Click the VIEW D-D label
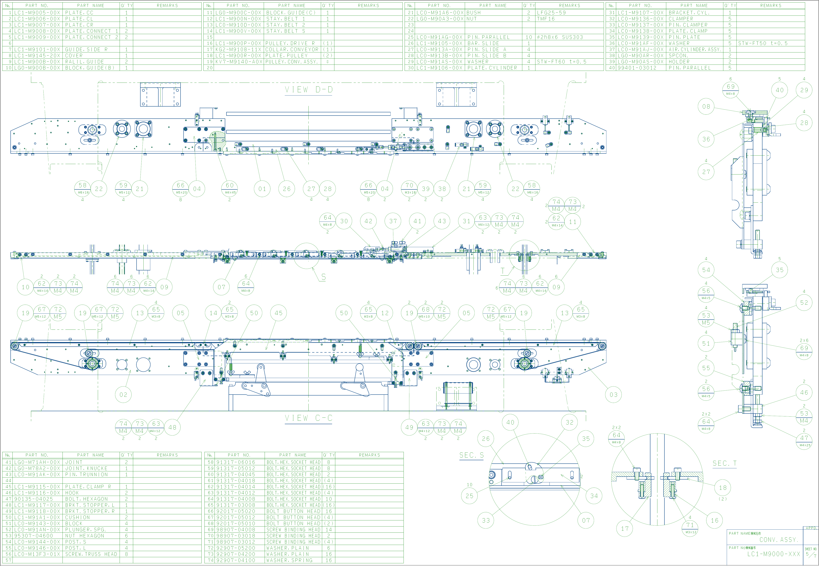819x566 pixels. (309, 90)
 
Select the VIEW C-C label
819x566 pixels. (309, 418)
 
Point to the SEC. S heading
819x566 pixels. (471, 455)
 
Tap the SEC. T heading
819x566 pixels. (724, 463)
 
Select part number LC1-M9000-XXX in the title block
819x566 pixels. (773, 554)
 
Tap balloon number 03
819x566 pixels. (613, 395)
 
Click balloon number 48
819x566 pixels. (172, 427)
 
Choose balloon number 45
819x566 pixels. (279, 313)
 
